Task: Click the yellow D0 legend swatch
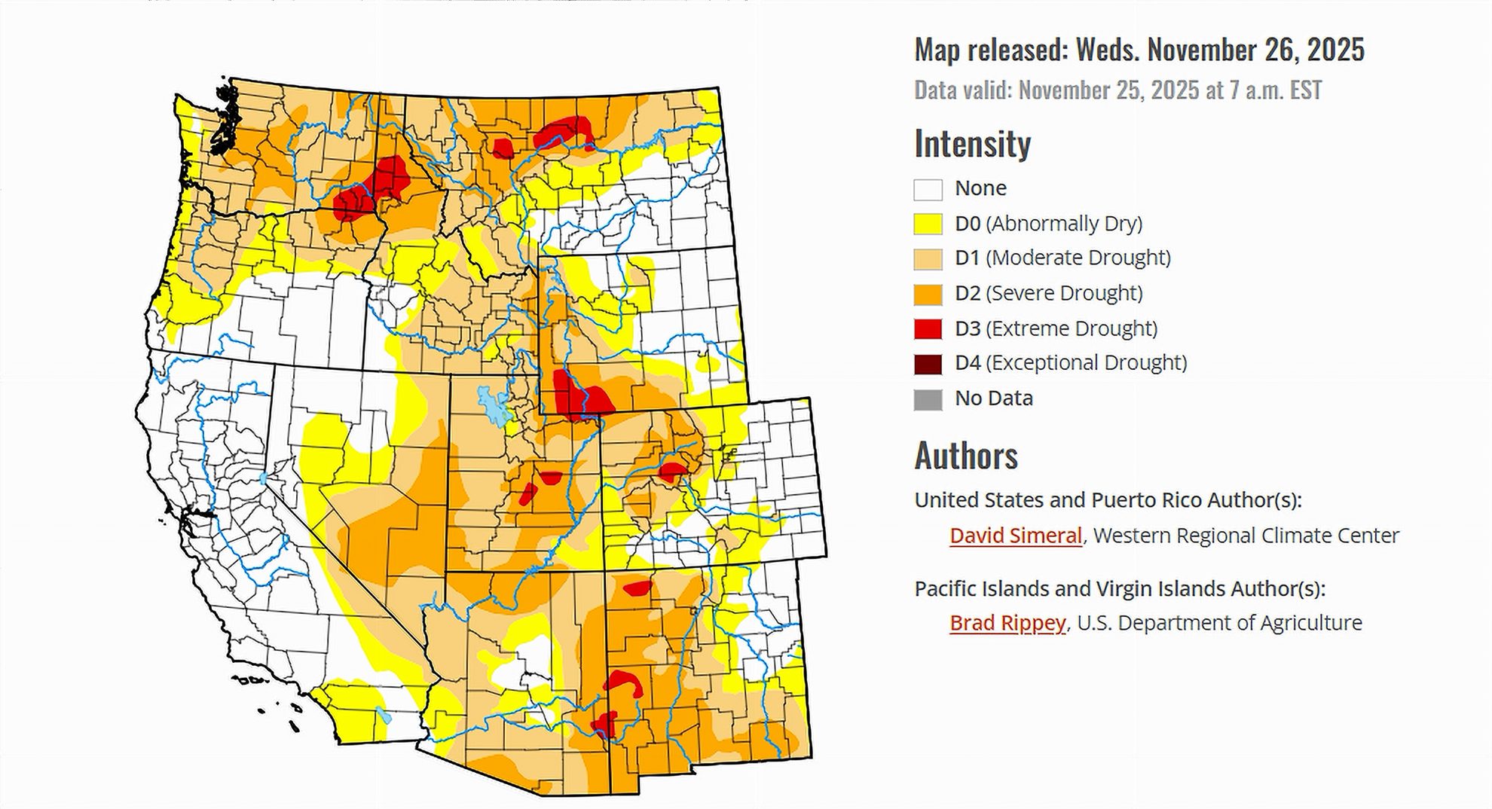pyautogui.click(x=928, y=224)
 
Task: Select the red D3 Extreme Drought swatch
pyautogui.click(x=928, y=329)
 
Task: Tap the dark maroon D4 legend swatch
pyautogui.click(x=928, y=364)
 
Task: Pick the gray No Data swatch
pyautogui.click(x=928, y=399)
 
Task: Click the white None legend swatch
pyautogui.click(x=928, y=189)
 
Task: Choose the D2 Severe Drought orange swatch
pyautogui.click(x=928, y=294)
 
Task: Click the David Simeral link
pyautogui.click(x=1015, y=536)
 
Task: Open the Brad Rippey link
pyautogui.click(x=1007, y=623)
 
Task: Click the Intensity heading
pyautogui.click(x=972, y=143)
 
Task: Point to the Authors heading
pyautogui.click(x=966, y=456)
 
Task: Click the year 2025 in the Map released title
pyautogui.click(x=1335, y=50)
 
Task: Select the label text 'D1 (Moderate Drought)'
pyautogui.click(x=1062, y=258)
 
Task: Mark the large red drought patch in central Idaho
pyautogui.click(x=373, y=188)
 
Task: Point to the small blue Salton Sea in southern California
pyautogui.click(x=384, y=716)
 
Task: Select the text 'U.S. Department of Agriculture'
pyautogui.click(x=1219, y=623)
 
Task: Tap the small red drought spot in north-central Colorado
pyautogui.click(x=671, y=472)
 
